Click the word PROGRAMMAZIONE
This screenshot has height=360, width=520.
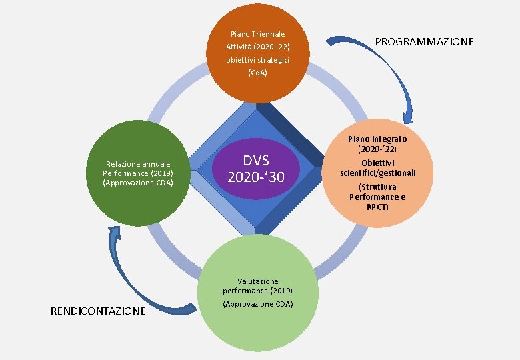point(424,41)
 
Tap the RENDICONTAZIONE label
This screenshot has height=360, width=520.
point(98,311)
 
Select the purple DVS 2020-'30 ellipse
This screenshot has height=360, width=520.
point(257,169)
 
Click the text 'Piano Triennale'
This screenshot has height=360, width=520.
point(257,33)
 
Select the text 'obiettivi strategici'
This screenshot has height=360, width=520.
point(257,59)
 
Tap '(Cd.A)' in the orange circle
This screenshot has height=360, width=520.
point(257,72)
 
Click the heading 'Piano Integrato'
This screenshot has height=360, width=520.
point(377,139)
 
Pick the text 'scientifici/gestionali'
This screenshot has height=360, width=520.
point(377,173)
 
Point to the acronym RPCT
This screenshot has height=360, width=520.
point(377,207)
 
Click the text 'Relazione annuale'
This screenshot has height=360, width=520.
point(138,163)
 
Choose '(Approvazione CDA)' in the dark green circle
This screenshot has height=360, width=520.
point(138,182)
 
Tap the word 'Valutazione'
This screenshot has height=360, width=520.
point(257,281)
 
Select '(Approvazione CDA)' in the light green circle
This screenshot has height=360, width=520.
point(257,304)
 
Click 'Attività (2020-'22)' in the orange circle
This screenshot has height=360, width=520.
point(257,47)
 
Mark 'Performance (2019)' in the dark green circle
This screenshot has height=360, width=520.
point(138,173)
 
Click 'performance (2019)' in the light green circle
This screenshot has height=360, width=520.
point(257,291)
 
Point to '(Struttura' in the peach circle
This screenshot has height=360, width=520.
point(377,187)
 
